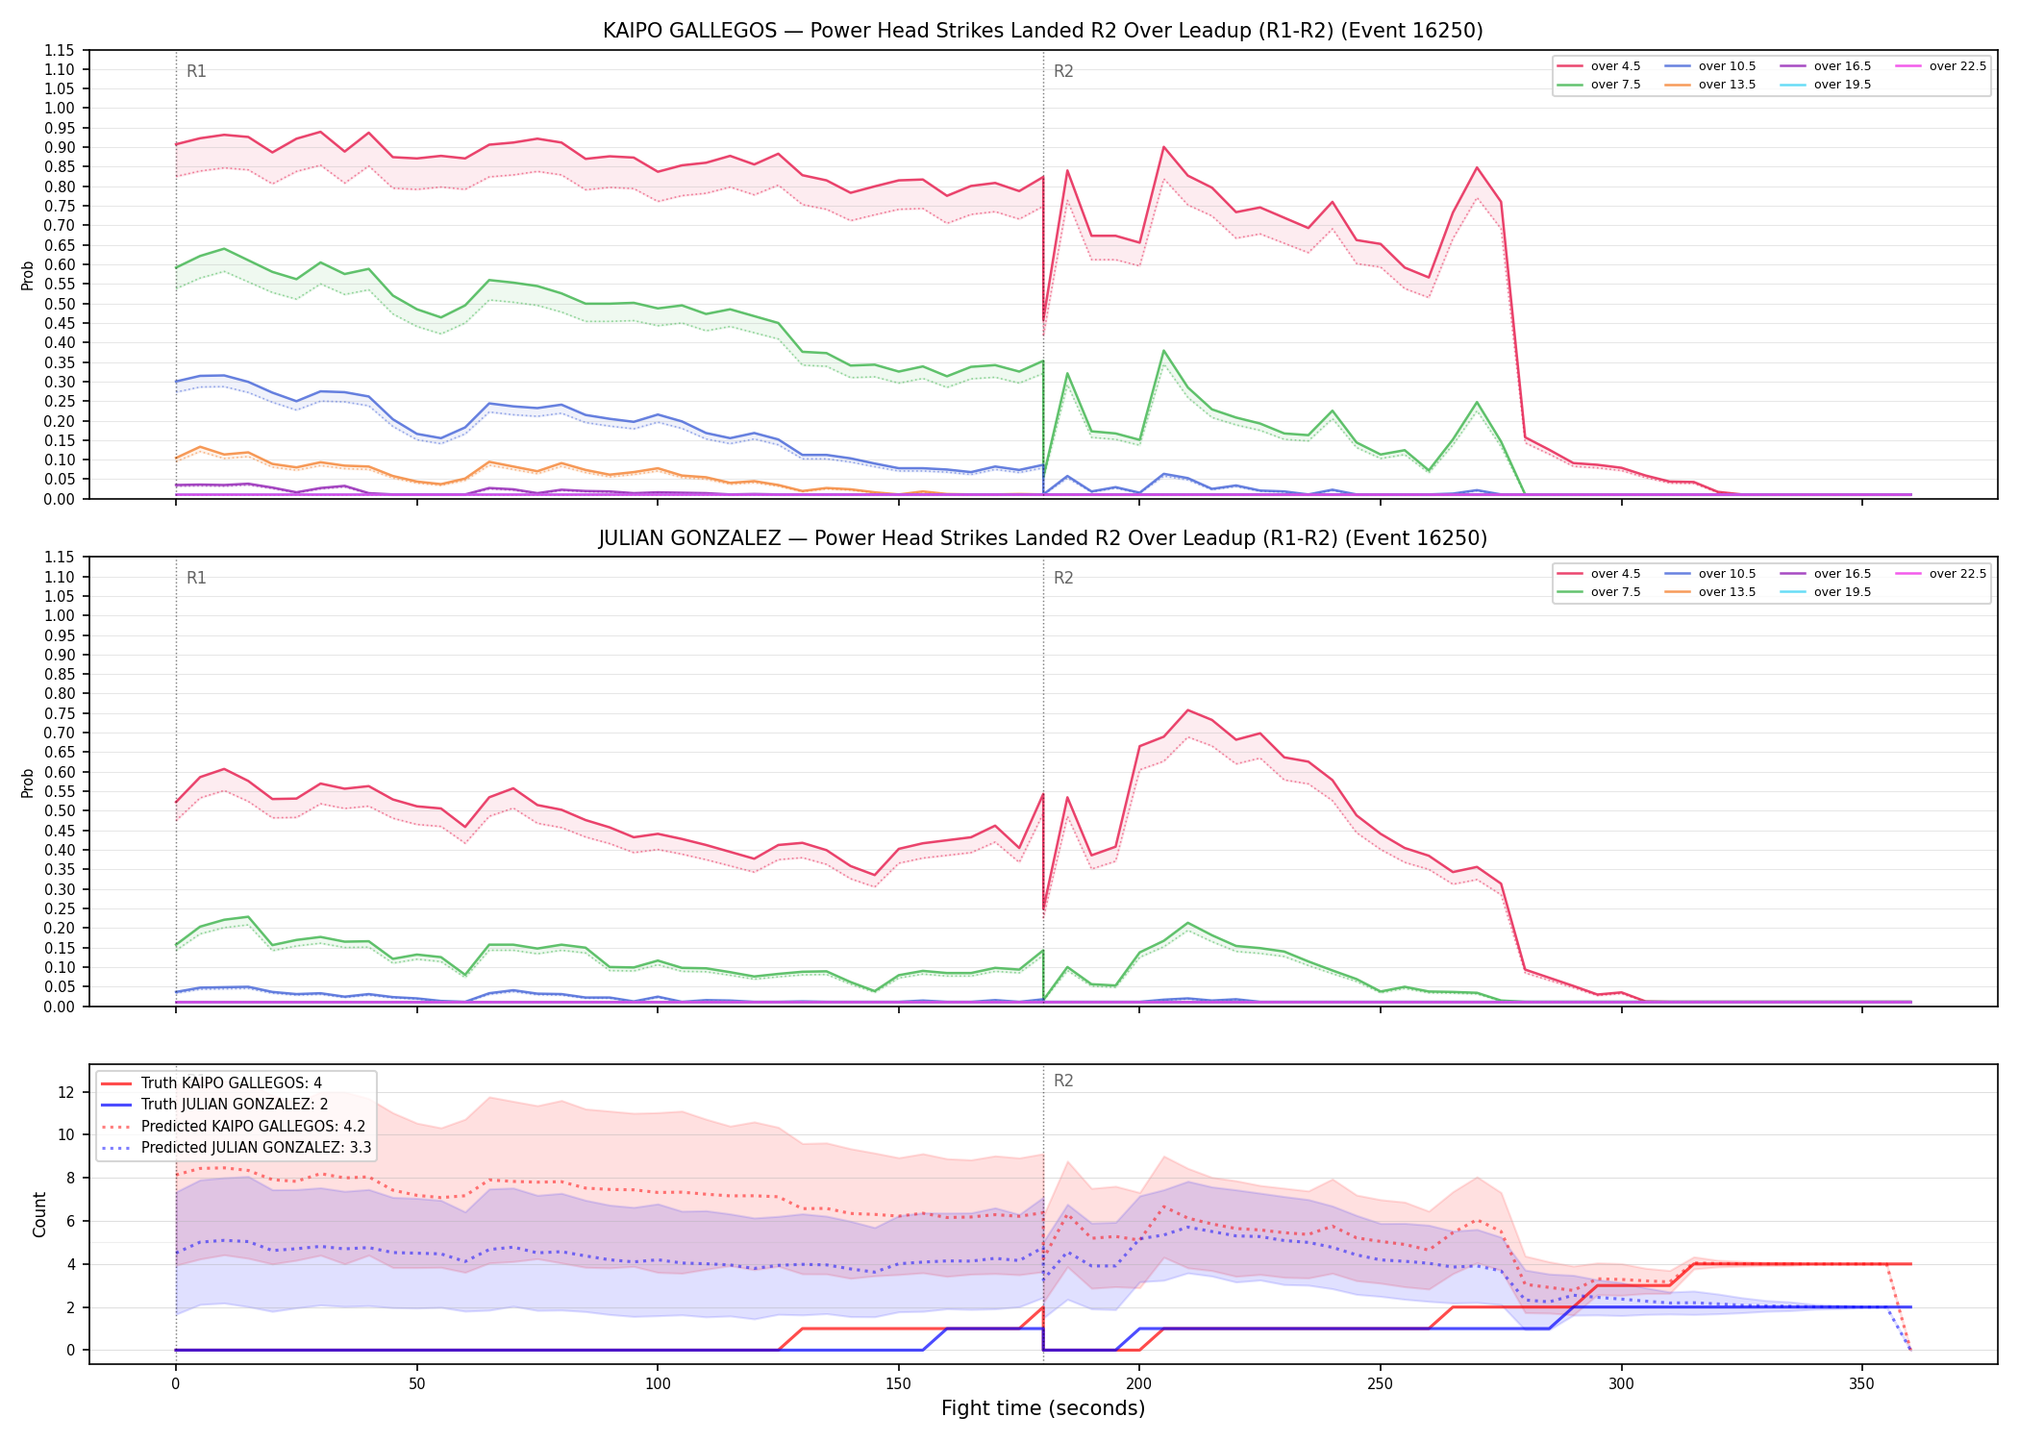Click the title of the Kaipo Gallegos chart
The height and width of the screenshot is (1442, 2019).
pos(1042,31)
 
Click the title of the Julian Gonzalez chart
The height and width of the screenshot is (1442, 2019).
pos(1042,538)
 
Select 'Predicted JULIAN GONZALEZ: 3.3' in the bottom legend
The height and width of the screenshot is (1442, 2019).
pos(236,1147)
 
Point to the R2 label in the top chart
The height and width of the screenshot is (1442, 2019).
pos(1063,71)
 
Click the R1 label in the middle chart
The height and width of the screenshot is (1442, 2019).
pos(196,578)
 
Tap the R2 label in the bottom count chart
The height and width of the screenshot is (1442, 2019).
pos(1063,1081)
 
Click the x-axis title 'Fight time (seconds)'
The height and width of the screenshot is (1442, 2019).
pos(1043,1408)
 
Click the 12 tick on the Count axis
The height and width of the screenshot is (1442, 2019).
pos(66,1092)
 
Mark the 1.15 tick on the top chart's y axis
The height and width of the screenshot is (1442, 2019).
pos(60,50)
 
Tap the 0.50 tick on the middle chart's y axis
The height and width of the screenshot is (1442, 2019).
pos(60,811)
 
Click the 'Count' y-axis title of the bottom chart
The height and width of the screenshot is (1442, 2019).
pos(39,1214)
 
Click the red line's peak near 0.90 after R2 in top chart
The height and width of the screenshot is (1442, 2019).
pos(1163,147)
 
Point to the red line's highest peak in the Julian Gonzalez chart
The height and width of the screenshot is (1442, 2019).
pos(1188,710)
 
